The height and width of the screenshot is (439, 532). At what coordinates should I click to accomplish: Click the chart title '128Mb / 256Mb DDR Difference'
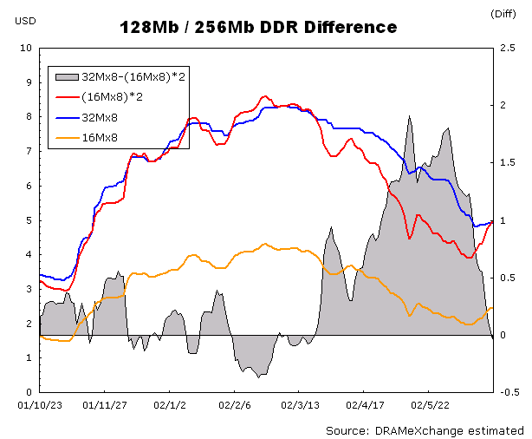258,27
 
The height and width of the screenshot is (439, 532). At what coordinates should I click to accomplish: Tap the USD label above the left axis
25,21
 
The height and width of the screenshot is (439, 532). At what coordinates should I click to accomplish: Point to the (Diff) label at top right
503,14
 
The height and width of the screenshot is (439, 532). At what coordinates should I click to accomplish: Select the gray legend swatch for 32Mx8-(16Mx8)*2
67,77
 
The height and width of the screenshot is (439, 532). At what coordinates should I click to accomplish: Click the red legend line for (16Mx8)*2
67,97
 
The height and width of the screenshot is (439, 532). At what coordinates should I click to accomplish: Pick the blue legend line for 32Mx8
67,118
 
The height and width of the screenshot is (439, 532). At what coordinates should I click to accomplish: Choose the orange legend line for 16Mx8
67,138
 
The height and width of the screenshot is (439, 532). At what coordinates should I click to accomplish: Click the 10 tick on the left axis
26,48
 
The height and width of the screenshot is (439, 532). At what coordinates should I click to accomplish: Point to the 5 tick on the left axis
29,220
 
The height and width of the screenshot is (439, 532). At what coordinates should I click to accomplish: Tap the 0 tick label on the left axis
29,392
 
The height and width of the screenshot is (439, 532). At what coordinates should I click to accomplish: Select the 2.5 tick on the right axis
508,48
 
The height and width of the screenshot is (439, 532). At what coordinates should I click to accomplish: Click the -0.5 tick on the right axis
509,392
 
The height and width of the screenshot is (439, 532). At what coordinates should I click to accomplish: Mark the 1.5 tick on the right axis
508,163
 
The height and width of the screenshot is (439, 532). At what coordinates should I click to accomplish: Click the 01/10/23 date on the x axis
40,405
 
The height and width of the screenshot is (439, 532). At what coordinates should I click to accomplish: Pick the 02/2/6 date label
235,405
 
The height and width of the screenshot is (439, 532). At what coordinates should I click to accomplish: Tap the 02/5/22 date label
430,405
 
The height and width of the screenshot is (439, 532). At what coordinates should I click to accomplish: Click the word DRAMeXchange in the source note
418,431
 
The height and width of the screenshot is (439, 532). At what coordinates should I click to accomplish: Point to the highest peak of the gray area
410,116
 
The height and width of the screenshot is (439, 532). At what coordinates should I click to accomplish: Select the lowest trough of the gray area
258,377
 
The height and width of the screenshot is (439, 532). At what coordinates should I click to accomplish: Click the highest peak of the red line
265,96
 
